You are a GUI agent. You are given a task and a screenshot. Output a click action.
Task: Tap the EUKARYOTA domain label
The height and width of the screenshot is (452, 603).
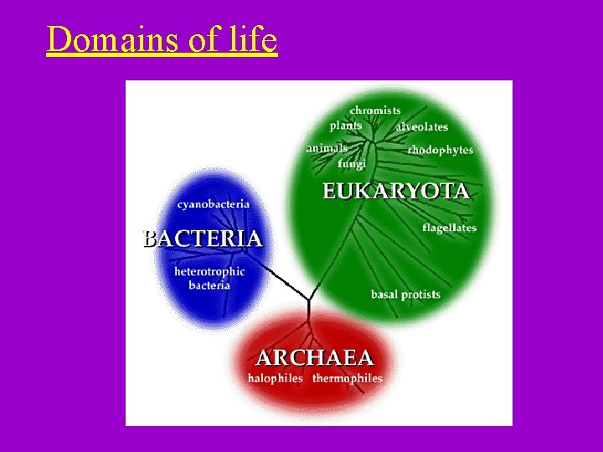[x=396, y=191]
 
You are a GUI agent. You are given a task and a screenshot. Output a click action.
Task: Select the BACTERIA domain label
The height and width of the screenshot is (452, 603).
[x=203, y=239]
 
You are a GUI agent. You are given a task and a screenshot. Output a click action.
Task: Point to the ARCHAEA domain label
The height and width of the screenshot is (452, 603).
[x=314, y=358]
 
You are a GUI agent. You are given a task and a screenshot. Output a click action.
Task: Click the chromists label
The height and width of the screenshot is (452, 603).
[x=375, y=110]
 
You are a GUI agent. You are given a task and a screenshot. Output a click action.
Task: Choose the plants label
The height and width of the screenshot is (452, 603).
[x=346, y=126]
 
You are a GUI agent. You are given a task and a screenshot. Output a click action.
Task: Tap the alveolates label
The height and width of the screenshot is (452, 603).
[x=422, y=127]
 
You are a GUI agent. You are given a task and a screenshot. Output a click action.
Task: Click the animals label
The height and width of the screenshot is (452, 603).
[x=327, y=148]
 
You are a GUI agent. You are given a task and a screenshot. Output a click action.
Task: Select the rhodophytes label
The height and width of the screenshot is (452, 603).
[x=441, y=151]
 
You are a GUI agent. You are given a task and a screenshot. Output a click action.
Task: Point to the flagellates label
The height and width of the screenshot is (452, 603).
[x=449, y=228]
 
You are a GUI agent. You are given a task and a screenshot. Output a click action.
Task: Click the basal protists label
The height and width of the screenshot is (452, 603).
[x=405, y=295]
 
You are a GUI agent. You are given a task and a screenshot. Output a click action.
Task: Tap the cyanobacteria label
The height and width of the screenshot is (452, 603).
[x=213, y=204]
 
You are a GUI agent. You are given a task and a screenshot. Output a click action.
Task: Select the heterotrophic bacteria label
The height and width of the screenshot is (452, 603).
[x=209, y=279]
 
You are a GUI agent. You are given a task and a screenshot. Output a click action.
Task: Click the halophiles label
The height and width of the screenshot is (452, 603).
[x=275, y=378]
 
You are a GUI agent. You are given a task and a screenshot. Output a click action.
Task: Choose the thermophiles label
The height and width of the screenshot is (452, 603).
[x=348, y=378]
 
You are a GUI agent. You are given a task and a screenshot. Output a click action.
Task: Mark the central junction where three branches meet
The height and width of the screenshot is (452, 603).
[x=309, y=300]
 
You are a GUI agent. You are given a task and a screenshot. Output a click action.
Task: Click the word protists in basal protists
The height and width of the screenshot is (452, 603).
[x=420, y=295]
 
